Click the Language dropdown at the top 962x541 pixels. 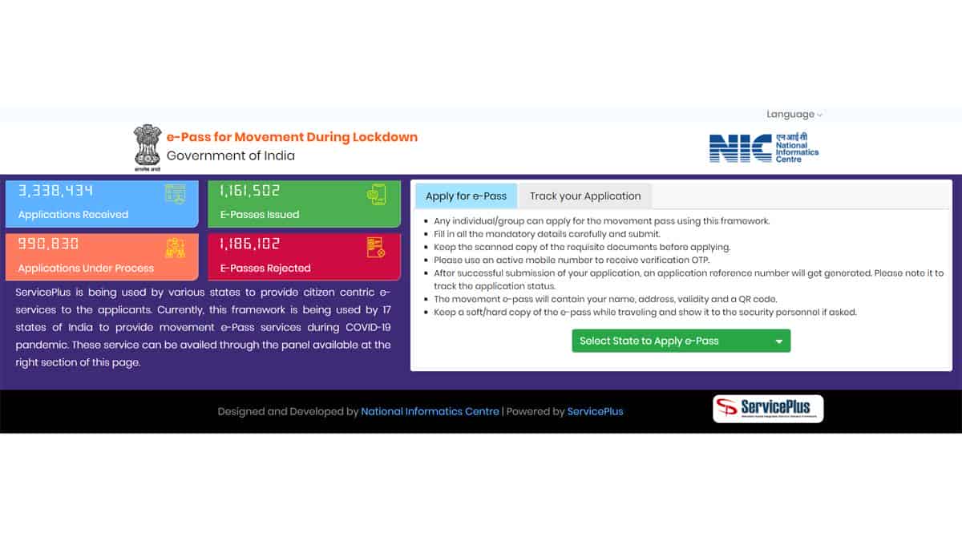coord(794,115)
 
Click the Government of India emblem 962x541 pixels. coord(148,147)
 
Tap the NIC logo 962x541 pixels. coord(763,147)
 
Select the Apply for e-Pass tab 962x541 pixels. coord(466,196)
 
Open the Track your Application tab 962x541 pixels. coord(585,196)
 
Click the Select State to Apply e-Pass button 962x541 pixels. coord(681,341)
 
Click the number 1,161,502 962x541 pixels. coord(250,191)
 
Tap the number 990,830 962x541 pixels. coord(49,244)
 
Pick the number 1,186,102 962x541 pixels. coord(250,244)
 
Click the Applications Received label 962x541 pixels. coord(73,215)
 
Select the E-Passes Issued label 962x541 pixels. coord(260,215)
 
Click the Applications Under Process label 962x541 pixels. coord(86,268)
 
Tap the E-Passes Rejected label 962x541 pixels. coord(265,268)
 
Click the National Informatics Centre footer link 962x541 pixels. coord(430,411)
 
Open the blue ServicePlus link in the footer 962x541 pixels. coord(595,411)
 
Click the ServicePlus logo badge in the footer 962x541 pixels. coord(767,409)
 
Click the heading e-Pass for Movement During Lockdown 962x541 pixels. coord(292,137)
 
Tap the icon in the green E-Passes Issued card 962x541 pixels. coord(376,194)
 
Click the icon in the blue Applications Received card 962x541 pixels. coord(175,194)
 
